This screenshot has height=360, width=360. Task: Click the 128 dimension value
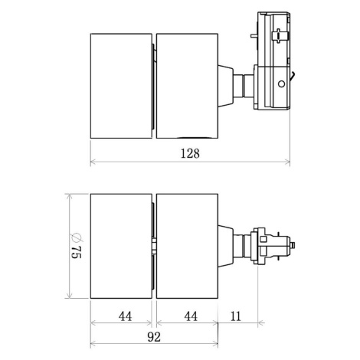[190, 153]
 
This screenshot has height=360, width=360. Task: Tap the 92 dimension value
[154, 337]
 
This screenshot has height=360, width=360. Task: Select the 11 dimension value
[235, 316]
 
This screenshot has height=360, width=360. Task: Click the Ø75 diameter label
[76, 246]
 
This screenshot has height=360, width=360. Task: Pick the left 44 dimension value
[126, 316]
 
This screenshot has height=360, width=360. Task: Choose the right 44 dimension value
[191, 316]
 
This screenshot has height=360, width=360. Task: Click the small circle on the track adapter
[281, 83]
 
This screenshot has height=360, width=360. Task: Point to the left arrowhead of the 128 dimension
[93, 162]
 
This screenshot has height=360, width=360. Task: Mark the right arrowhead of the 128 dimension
[287, 162]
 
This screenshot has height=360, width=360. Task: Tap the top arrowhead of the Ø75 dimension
[69, 196]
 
